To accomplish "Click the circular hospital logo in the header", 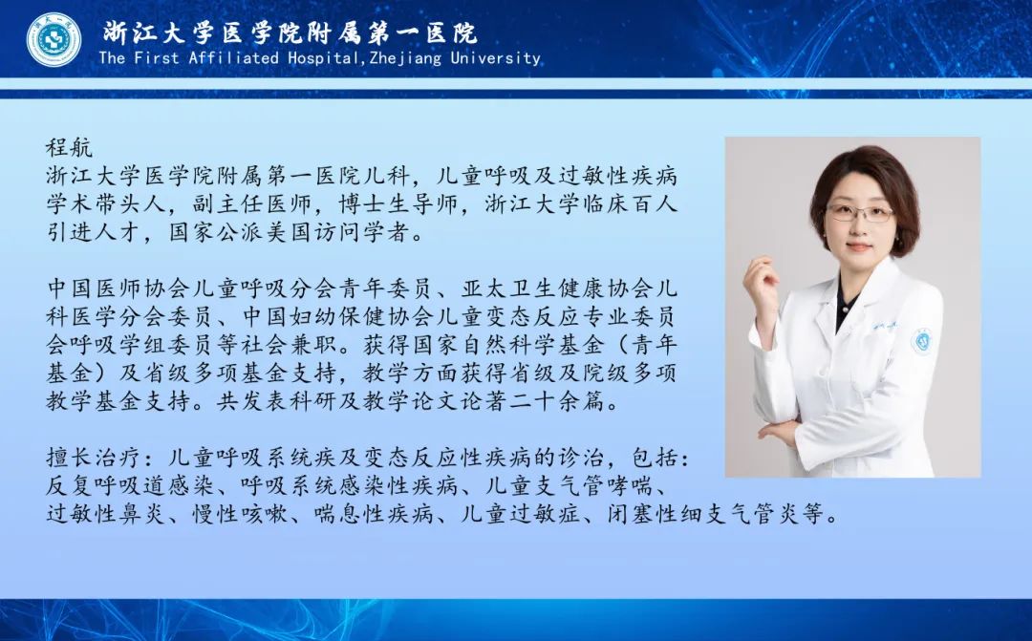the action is tap(54, 39).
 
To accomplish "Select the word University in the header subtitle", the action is tap(495, 58).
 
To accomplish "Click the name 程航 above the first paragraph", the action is tap(69, 147).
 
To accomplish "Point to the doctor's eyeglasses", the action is tap(860, 213).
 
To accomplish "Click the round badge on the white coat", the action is tap(921, 341).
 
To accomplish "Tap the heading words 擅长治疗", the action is tap(94, 458).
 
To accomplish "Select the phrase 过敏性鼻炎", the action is tap(106, 513).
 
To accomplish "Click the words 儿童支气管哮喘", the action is tap(569, 485).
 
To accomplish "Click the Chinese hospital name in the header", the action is tap(290, 32).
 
